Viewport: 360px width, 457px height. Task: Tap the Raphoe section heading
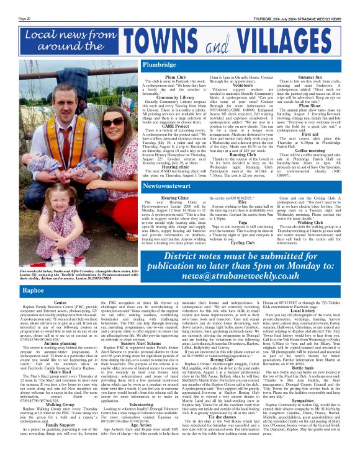coord(33,290)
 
